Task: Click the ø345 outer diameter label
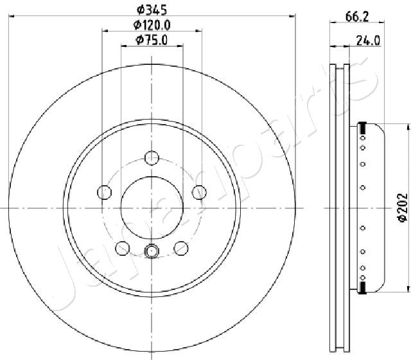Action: click(152, 10)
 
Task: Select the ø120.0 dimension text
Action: click(152, 25)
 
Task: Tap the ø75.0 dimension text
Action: click(152, 40)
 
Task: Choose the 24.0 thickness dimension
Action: click(368, 40)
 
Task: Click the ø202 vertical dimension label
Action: click(403, 208)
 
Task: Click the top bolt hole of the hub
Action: click(152, 158)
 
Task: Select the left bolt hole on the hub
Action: click(104, 192)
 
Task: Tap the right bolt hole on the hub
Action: click(199, 192)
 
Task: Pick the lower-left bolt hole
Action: click(123, 248)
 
